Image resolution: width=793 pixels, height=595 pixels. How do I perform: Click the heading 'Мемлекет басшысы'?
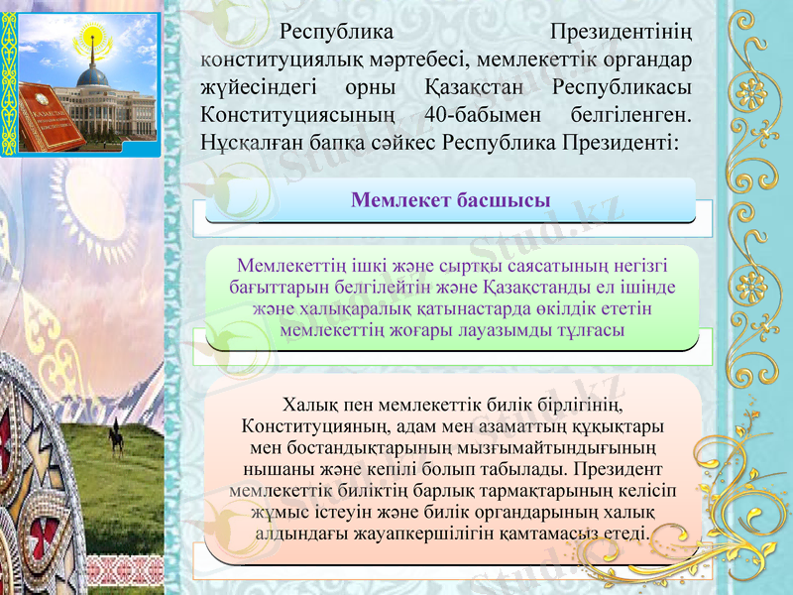451,200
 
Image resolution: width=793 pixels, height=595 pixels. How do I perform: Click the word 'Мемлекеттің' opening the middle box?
288,267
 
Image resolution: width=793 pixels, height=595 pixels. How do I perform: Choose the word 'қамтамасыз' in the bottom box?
533,534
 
